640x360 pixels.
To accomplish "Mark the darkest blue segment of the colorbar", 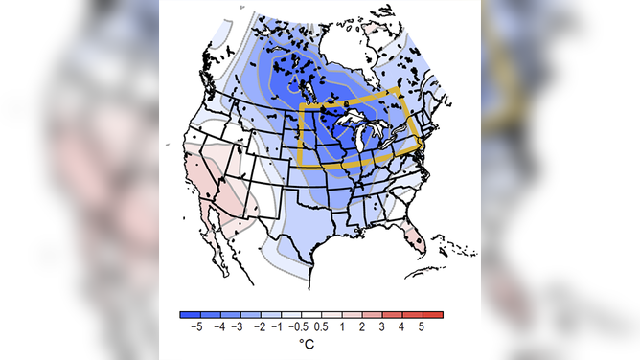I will pyautogui.click(x=191, y=313).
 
